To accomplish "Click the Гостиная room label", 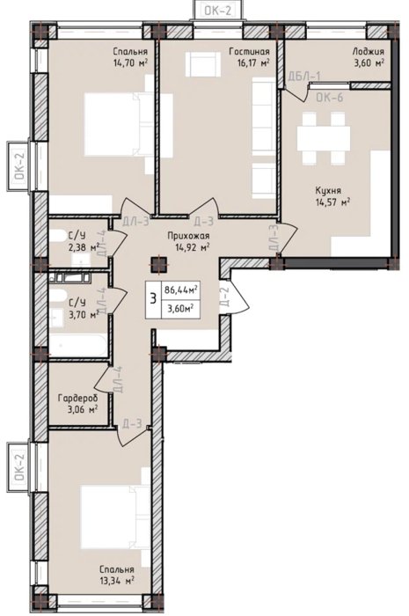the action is tap(249, 51).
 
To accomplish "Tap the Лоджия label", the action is tap(368, 51).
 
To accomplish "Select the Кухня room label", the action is tap(328, 191).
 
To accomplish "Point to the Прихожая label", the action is tap(188, 236).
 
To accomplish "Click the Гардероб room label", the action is tap(77, 399).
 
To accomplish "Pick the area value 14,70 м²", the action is tap(130, 62).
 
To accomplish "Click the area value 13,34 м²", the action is tap(117, 580).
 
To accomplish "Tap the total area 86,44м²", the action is tap(180, 290).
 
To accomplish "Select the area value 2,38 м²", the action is tap(84, 247).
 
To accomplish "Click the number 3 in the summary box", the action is tap(153, 299).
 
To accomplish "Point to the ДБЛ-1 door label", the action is tap(304, 76).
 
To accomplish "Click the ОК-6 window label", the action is tap(330, 97).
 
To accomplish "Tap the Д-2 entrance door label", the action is tap(224, 297).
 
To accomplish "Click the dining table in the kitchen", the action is tap(324, 138).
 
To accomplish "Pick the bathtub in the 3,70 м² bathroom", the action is tap(78, 345).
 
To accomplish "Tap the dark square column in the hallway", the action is tap(159, 264).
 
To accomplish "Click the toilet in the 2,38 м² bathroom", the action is tap(58, 236).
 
